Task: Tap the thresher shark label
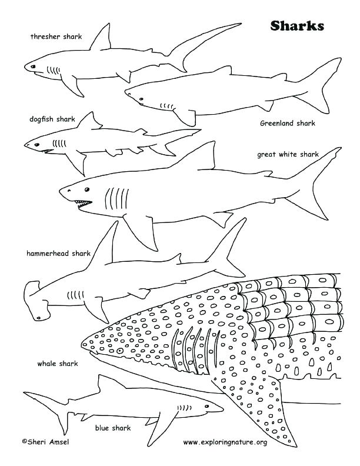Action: tap(56, 36)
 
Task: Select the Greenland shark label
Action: tap(288, 124)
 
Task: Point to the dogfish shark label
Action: tap(52, 119)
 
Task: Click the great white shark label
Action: tap(288, 155)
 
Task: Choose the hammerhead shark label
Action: tap(58, 254)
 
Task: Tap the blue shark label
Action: tap(112, 428)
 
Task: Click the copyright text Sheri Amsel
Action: tap(45, 442)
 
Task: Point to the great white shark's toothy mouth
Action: tap(83, 204)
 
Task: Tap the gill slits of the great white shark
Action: tap(116, 198)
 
